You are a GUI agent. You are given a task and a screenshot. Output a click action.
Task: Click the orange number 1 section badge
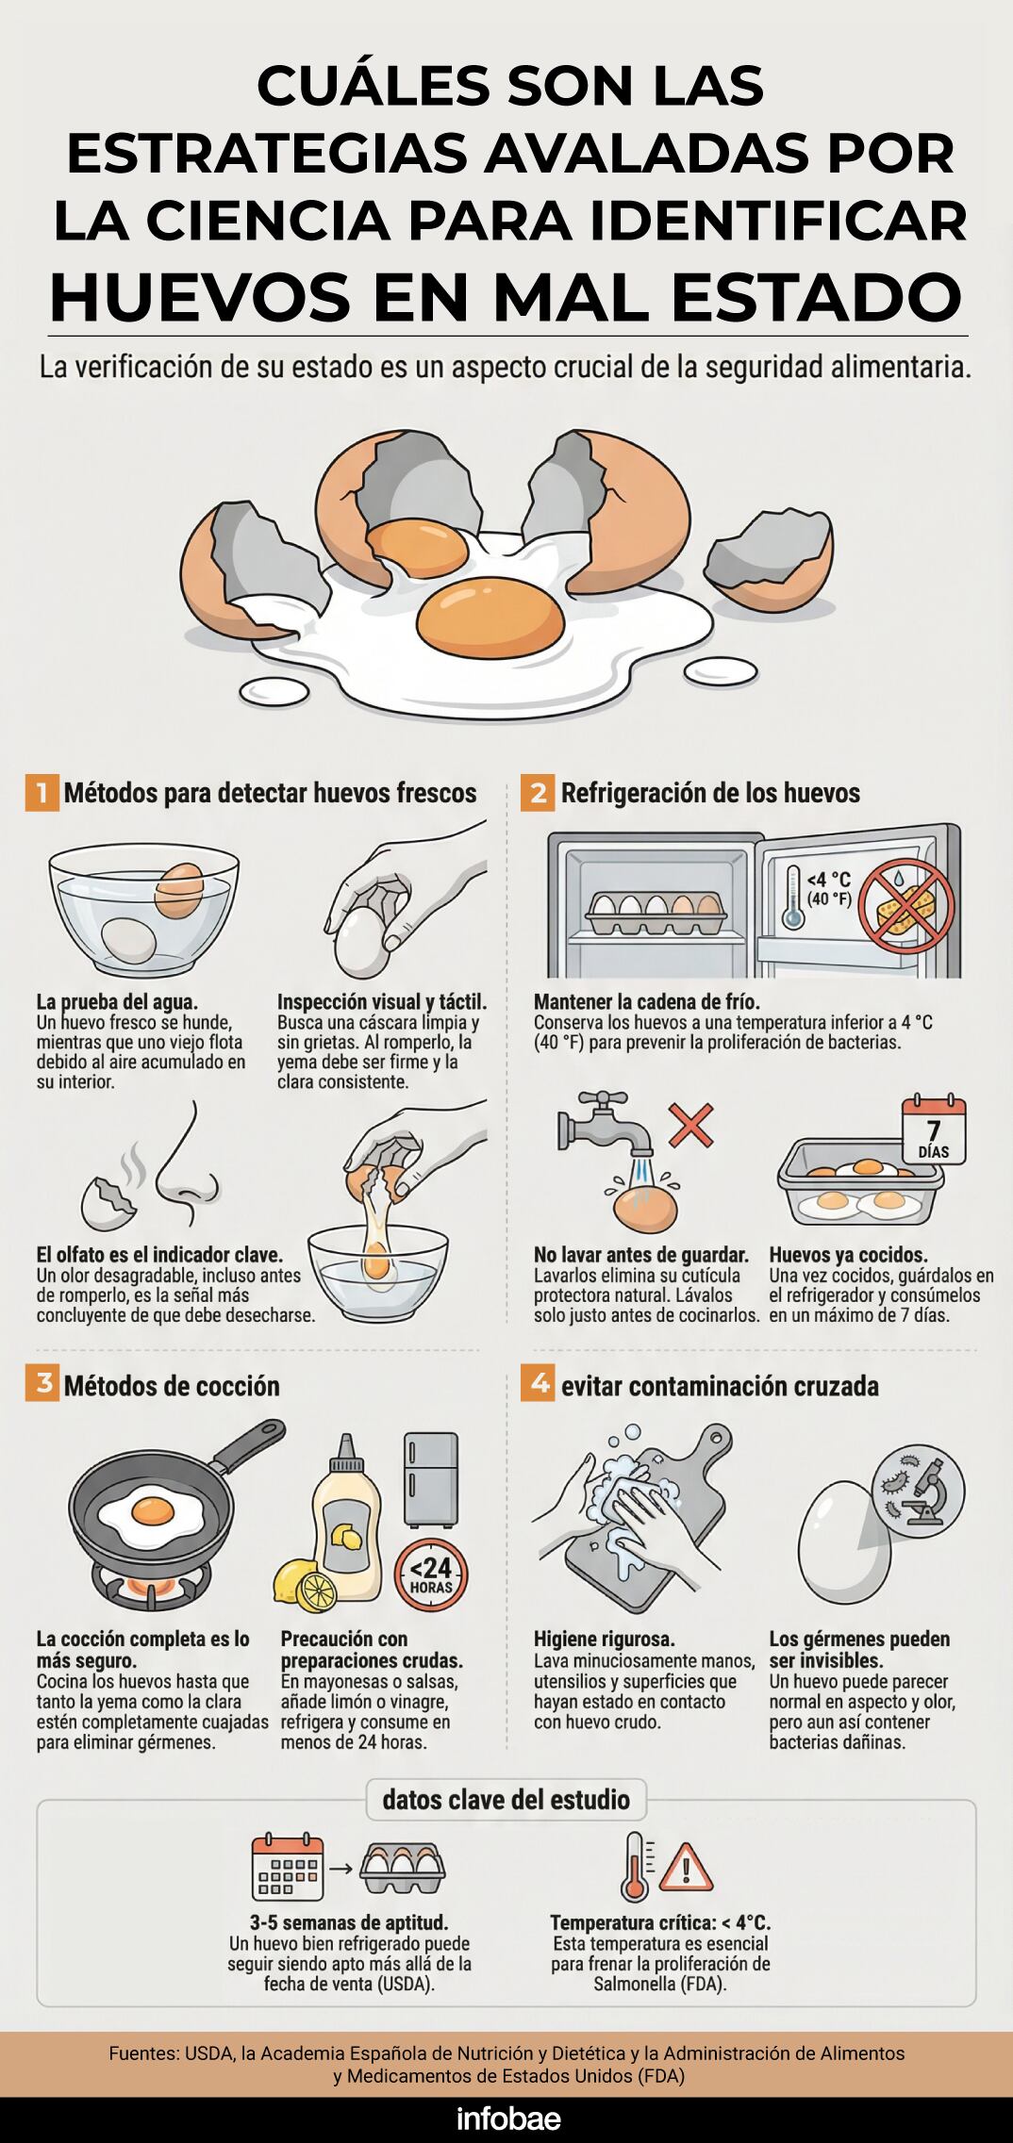coord(42,793)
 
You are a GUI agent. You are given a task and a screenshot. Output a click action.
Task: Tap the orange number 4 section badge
coord(538,1385)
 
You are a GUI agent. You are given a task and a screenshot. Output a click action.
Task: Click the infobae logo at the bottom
coord(508,2119)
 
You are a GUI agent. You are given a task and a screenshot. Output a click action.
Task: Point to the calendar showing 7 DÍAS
coord(934,1131)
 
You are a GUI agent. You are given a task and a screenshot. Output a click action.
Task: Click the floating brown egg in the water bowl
coord(179,891)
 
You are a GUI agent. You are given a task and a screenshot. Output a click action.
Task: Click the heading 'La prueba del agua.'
coord(117,1001)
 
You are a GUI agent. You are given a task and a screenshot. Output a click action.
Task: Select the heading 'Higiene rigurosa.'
coord(605,1639)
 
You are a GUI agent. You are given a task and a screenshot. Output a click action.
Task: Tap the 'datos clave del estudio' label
coord(506,1799)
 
